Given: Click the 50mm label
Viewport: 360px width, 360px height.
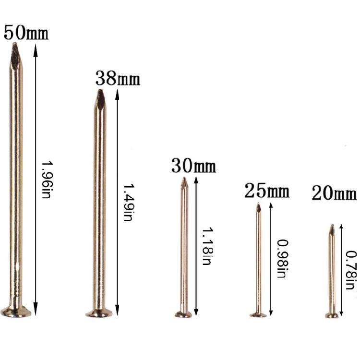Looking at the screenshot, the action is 26,33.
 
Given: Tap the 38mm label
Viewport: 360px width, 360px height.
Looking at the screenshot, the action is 118,78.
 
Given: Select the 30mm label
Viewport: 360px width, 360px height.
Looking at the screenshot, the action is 193,166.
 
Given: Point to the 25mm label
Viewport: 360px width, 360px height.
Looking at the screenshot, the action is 267,191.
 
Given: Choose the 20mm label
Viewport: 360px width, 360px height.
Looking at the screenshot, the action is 334,193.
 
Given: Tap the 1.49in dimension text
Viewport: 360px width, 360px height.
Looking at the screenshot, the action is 129,202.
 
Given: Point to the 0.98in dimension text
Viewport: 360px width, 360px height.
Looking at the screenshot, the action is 283,259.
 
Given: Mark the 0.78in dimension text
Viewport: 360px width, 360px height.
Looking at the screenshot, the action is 351,270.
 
